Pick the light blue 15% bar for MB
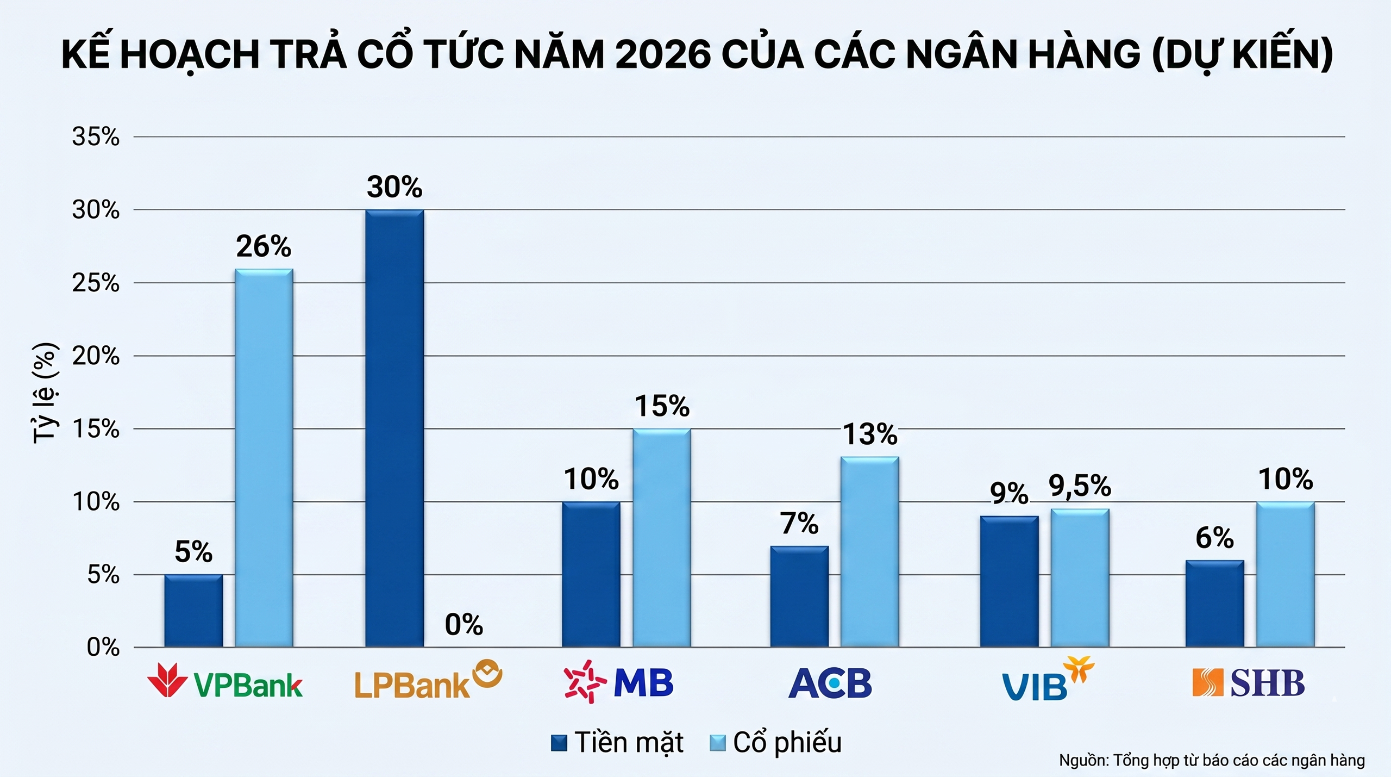pyautogui.click(x=662, y=538)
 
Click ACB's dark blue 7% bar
pyautogui.click(x=799, y=596)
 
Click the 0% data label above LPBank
pyautogui.click(x=463, y=625)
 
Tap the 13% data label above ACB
pyautogui.click(x=869, y=434)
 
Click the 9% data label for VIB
pyautogui.click(x=1009, y=493)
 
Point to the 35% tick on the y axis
pyautogui.click(x=96, y=137)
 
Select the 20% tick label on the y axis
pyautogui.click(x=96, y=356)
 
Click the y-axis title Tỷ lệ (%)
pyautogui.click(x=45, y=393)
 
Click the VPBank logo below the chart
pyautogui.click(x=225, y=681)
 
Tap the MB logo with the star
pyautogui.click(x=618, y=682)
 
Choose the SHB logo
pyautogui.click(x=1248, y=683)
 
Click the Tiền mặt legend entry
pyautogui.click(x=617, y=743)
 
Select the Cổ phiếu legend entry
pyautogui.click(x=776, y=743)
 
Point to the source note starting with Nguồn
pyautogui.click(x=1212, y=760)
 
